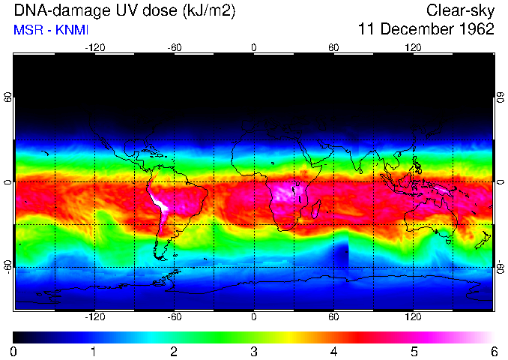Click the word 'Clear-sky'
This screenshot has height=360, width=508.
tap(460, 10)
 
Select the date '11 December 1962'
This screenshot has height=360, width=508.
tap(426, 29)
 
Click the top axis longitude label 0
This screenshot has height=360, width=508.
tap(254, 47)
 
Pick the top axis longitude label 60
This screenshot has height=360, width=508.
tap(333, 47)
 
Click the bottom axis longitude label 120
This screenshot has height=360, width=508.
tap(413, 317)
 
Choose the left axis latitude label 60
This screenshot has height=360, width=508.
tap(8, 97)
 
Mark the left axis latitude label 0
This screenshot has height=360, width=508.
tap(8, 182)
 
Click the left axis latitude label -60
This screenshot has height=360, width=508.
tap(8, 265)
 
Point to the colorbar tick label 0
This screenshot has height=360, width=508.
tap(14, 351)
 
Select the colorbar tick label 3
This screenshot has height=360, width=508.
tap(254, 351)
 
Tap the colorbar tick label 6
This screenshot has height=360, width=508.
tap(493, 351)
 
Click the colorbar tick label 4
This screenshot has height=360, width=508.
tap(333, 351)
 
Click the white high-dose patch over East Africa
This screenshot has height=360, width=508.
tap(283, 191)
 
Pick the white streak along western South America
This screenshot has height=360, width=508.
tap(160, 203)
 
